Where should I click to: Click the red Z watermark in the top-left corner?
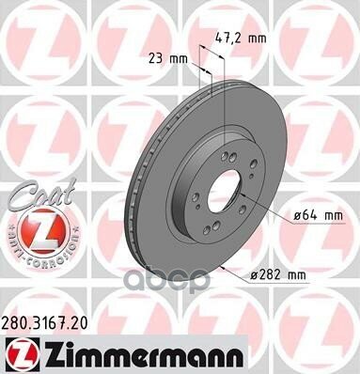tap(38, 38)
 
